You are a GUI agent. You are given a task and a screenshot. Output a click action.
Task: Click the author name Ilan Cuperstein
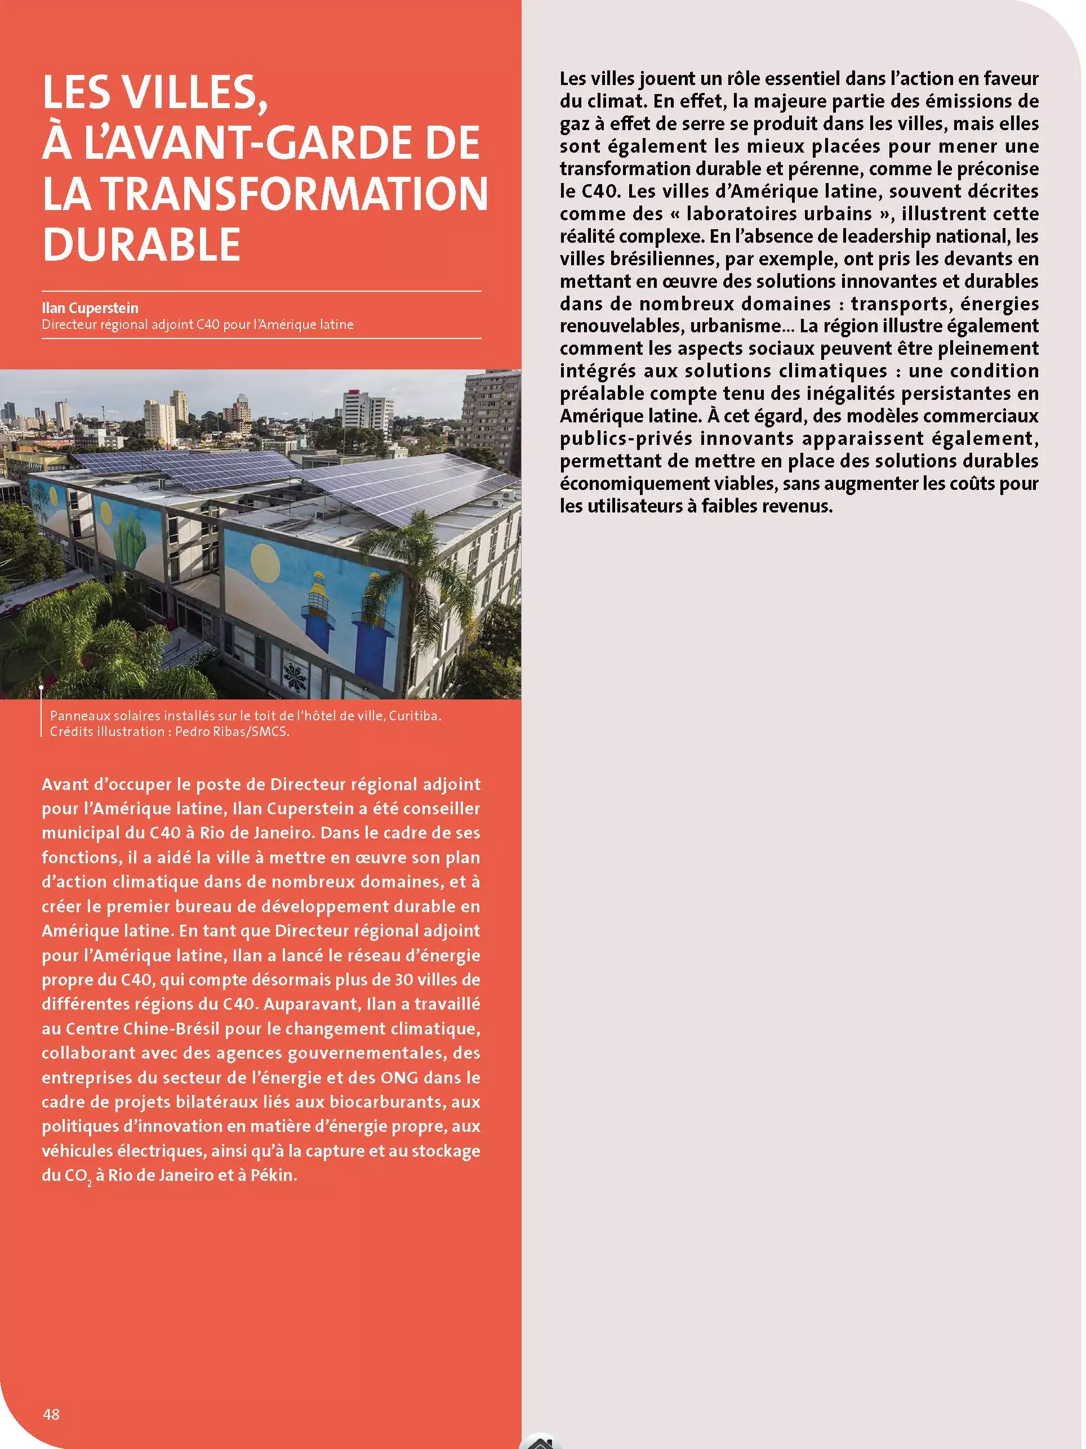pyautogui.click(x=90, y=308)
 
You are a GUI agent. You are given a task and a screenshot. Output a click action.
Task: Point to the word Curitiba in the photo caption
pyautogui.click(x=415, y=715)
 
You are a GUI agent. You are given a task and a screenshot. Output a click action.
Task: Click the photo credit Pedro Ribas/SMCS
pyautogui.click(x=232, y=732)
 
